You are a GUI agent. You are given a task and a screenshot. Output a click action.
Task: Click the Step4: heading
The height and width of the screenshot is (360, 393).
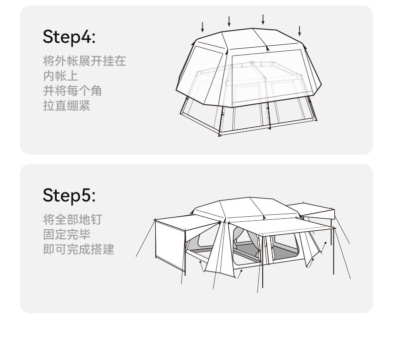(69, 37)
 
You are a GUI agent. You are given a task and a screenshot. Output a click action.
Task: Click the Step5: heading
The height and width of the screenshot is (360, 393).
(69, 195)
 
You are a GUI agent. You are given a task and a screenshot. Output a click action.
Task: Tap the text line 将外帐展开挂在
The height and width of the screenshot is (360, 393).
(85, 61)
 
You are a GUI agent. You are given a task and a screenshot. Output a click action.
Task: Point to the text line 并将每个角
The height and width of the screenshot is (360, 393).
(73, 91)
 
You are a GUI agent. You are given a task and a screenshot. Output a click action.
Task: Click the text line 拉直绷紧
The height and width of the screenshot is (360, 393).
(67, 106)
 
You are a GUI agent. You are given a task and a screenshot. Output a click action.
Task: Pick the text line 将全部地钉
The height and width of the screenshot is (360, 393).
(73, 219)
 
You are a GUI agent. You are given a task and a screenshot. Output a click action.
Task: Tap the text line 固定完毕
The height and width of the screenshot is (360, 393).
(67, 234)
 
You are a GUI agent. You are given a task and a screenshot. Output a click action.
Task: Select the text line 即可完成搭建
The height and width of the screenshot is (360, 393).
(79, 249)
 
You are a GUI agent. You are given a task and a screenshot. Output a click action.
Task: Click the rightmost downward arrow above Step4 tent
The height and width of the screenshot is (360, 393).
(299, 30)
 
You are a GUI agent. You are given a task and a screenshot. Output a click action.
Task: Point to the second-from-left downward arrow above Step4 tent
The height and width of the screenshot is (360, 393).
(229, 21)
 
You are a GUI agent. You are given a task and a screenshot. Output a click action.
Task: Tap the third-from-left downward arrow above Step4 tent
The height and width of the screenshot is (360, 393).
(263, 19)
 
